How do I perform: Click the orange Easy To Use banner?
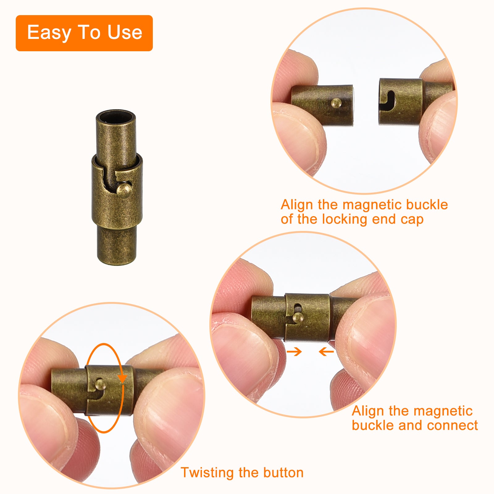pos(84,33)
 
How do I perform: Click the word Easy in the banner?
pos(49,33)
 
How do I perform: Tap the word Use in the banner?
pos(125,32)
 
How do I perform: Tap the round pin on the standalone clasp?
pos(125,189)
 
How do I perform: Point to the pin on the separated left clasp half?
pos(336,103)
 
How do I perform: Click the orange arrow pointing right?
pos(294,351)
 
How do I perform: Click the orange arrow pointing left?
pos(326,351)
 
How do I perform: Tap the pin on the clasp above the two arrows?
pos(297,317)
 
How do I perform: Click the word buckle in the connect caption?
pos(373,425)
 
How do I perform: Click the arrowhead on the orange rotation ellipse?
pos(123,378)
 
